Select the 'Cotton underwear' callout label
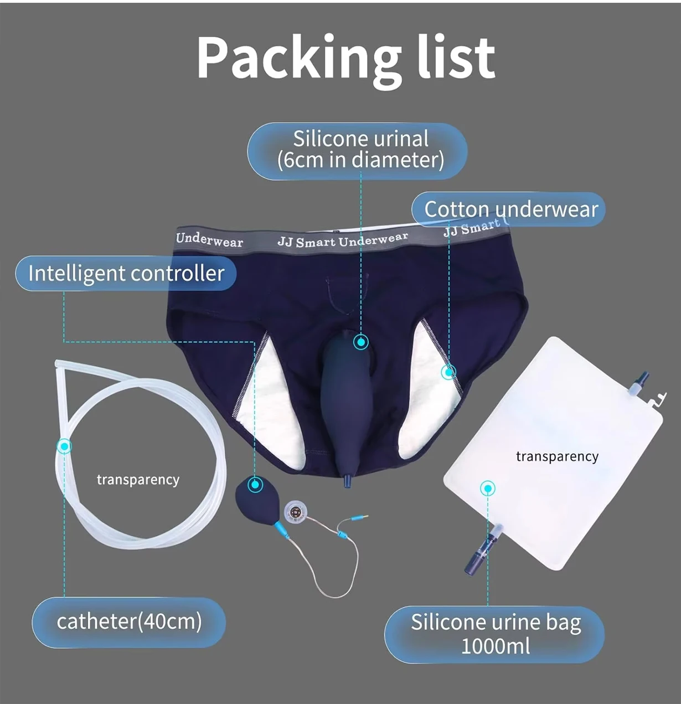[x=510, y=209]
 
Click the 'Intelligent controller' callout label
[x=126, y=274]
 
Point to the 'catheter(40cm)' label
[x=129, y=621]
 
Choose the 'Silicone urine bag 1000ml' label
[x=495, y=634]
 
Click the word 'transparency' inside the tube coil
[x=138, y=480]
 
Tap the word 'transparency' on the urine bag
[x=557, y=456]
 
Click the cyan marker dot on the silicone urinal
[x=361, y=342]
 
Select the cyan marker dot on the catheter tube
[x=65, y=446]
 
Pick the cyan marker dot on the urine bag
[x=488, y=488]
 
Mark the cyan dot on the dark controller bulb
[x=255, y=485]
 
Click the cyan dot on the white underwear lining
[x=448, y=372]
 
